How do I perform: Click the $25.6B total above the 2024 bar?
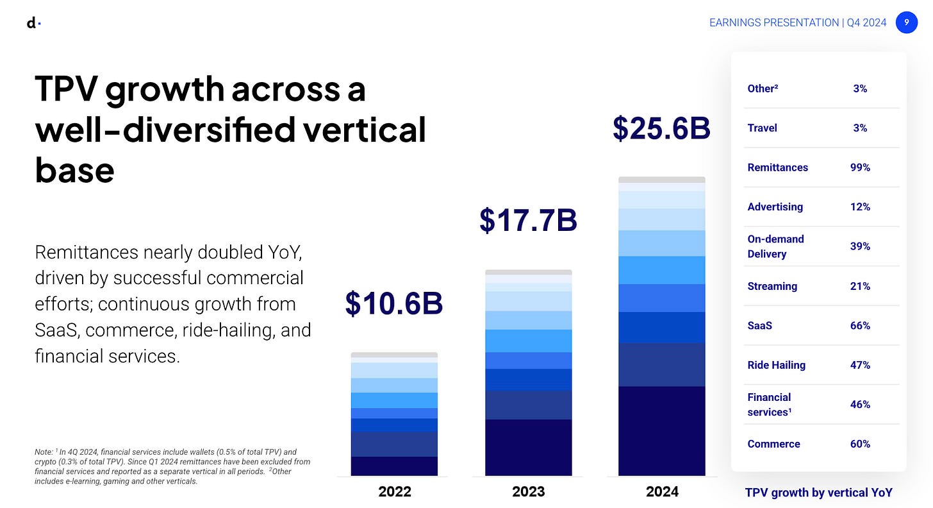click(661, 128)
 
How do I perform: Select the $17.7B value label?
click(528, 220)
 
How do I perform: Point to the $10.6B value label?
click(394, 303)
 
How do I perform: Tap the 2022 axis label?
click(395, 492)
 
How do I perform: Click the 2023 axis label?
click(528, 492)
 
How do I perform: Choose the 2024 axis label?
click(662, 492)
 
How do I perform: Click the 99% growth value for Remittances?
click(860, 167)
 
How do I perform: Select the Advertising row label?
click(775, 207)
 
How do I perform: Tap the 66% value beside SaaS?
click(860, 326)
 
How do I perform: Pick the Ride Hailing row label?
click(777, 366)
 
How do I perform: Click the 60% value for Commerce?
click(860, 444)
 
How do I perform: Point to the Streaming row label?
click(772, 287)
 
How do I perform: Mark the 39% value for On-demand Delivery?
click(860, 246)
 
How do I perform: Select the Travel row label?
click(763, 128)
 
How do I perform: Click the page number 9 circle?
click(906, 22)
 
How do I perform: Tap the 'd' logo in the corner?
click(33, 23)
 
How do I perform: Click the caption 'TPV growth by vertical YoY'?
click(818, 493)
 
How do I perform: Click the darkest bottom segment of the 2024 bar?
click(662, 431)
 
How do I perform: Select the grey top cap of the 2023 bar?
click(529, 273)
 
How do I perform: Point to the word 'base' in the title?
click(74, 171)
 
